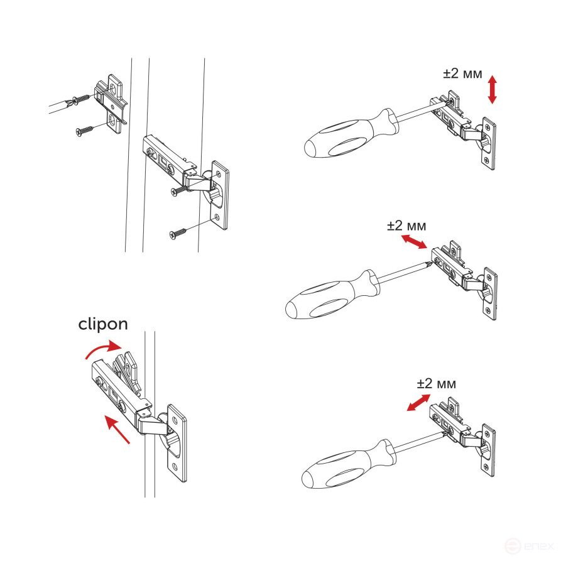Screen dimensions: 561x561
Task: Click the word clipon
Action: point(103,324)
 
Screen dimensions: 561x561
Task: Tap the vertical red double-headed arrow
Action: point(493,90)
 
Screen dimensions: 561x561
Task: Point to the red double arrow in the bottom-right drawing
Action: point(418,403)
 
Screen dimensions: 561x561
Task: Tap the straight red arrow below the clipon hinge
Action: point(118,430)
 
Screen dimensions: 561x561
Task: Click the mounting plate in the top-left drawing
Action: point(113,104)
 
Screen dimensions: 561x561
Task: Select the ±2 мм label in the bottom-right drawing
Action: point(436,383)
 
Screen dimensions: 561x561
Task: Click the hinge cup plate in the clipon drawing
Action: point(177,444)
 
